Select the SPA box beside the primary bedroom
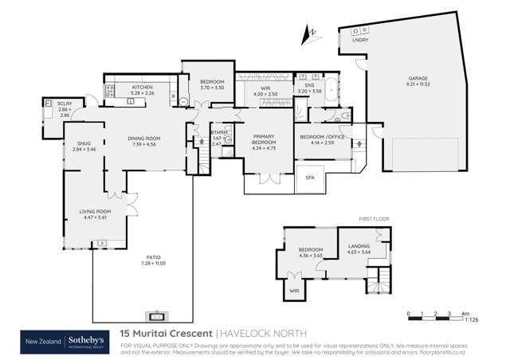point(309,178)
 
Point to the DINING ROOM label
point(144,139)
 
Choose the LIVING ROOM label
point(94,211)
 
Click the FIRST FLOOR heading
point(371,218)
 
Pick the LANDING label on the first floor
point(359,247)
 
